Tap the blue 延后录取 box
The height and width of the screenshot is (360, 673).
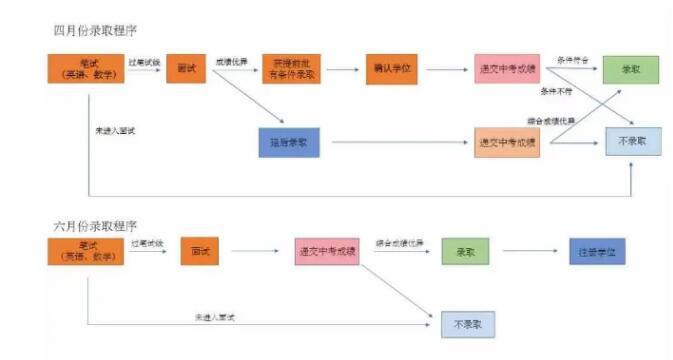[x=288, y=143]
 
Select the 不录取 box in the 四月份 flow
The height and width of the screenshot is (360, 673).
[x=632, y=143]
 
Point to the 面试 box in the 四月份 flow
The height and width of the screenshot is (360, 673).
[x=185, y=68]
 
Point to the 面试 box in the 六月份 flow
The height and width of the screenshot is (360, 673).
[x=199, y=252]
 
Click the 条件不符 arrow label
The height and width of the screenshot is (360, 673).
[x=556, y=92]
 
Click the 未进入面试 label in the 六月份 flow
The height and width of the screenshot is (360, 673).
[x=214, y=317]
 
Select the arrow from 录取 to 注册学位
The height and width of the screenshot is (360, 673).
[x=529, y=252]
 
